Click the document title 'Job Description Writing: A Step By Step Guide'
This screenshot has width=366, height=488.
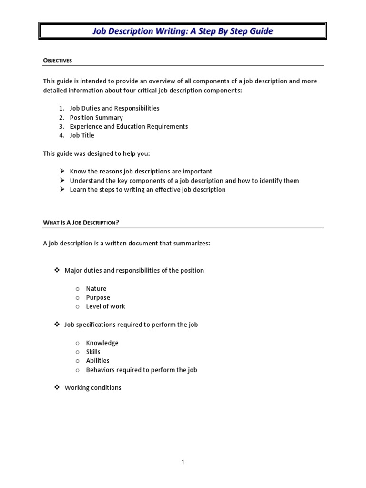[183, 31]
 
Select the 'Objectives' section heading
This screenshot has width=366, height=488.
[58, 61]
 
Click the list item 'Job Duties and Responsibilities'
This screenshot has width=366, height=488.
[114, 108]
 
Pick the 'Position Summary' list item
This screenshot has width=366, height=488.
[96, 117]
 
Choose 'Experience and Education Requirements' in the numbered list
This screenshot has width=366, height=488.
[129, 126]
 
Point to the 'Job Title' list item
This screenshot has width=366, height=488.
[82, 135]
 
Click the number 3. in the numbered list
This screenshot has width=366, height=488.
[61, 126]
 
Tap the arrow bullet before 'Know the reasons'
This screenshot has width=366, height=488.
[62, 171]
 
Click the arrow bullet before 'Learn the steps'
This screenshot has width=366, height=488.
[62, 189]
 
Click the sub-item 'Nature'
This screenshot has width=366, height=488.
[96, 288]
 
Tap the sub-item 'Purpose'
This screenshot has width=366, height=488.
[98, 297]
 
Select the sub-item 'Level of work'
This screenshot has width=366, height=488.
[105, 306]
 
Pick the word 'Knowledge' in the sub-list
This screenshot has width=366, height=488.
[102, 343]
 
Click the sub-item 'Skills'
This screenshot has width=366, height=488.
[93, 352]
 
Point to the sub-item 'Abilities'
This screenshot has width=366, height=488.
[97, 361]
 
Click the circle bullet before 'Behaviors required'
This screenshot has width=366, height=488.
[77, 370]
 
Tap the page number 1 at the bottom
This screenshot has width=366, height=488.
[183, 462]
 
